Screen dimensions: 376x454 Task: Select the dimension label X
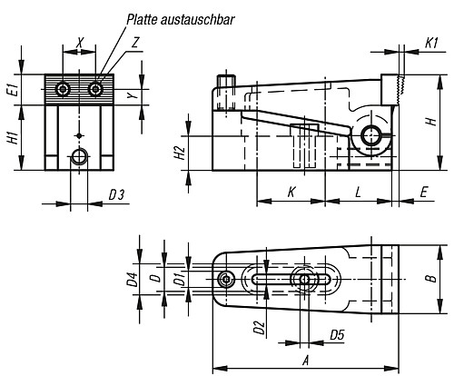point(80,42)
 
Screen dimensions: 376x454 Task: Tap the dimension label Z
point(135,42)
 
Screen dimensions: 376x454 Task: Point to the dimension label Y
point(131,94)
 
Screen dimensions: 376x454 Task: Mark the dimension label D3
point(116,194)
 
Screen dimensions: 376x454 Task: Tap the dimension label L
point(359,193)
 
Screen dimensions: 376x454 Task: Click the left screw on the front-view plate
point(63,89)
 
